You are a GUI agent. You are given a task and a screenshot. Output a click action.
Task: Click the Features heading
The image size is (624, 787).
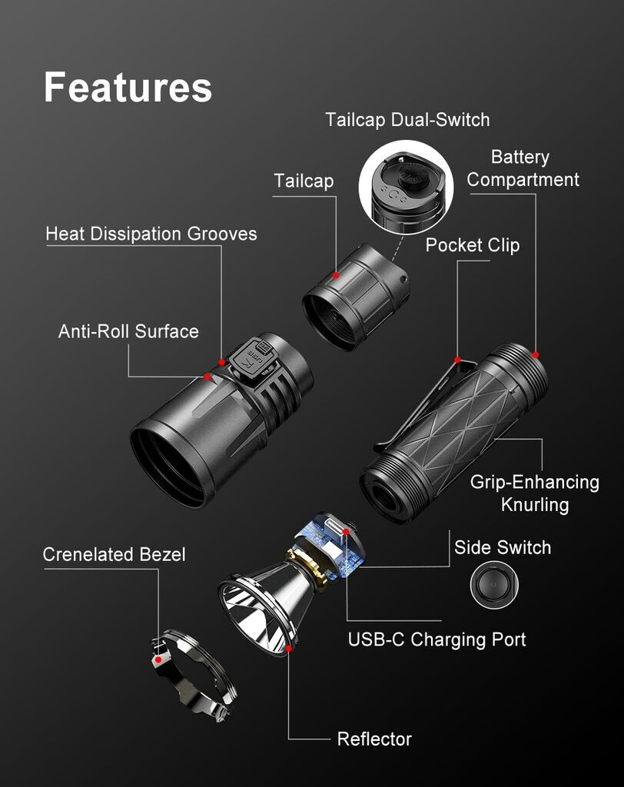(x=128, y=88)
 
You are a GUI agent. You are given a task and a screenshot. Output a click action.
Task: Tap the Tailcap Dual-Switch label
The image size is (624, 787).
(x=407, y=120)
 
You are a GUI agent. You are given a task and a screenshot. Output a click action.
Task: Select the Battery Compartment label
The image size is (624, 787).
(x=523, y=168)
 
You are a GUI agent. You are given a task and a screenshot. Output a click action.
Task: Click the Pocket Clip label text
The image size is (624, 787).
(x=473, y=245)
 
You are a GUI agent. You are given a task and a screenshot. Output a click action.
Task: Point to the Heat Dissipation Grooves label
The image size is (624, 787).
(x=151, y=234)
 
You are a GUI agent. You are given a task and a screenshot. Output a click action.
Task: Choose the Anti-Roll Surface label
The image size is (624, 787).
(x=128, y=331)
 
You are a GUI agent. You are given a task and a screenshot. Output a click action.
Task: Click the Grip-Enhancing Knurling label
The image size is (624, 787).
(x=535, y=493)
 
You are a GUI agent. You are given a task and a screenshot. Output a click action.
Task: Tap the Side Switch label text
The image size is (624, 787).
(x=503, y=547)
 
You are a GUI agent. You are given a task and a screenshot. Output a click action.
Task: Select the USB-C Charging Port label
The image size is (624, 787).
(x=436, y=639)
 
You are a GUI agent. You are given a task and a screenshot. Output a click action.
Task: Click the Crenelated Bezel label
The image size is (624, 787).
(x=114, y=554)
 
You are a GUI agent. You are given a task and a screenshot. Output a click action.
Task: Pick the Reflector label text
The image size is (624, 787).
(x=374, y=739)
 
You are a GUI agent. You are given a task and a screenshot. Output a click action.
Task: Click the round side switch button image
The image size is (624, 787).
(x=494, y=585)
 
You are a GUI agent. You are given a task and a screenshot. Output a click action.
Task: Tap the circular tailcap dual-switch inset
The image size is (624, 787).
(x=406, y=188)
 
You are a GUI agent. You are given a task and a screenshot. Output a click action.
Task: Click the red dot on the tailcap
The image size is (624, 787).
(x=336, y=275)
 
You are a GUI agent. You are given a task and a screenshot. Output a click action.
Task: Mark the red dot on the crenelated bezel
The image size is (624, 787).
(x=158, y=659)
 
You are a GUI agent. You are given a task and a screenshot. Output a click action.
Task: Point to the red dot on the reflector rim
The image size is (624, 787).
(x=289, y=649)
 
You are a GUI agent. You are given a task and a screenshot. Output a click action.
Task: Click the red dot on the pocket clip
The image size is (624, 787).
(x=457, y=360)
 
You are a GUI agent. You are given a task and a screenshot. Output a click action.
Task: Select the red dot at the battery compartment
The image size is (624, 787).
(x=536, y=355)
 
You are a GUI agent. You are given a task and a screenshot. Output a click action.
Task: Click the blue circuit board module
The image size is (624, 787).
(x=330, y=544)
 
